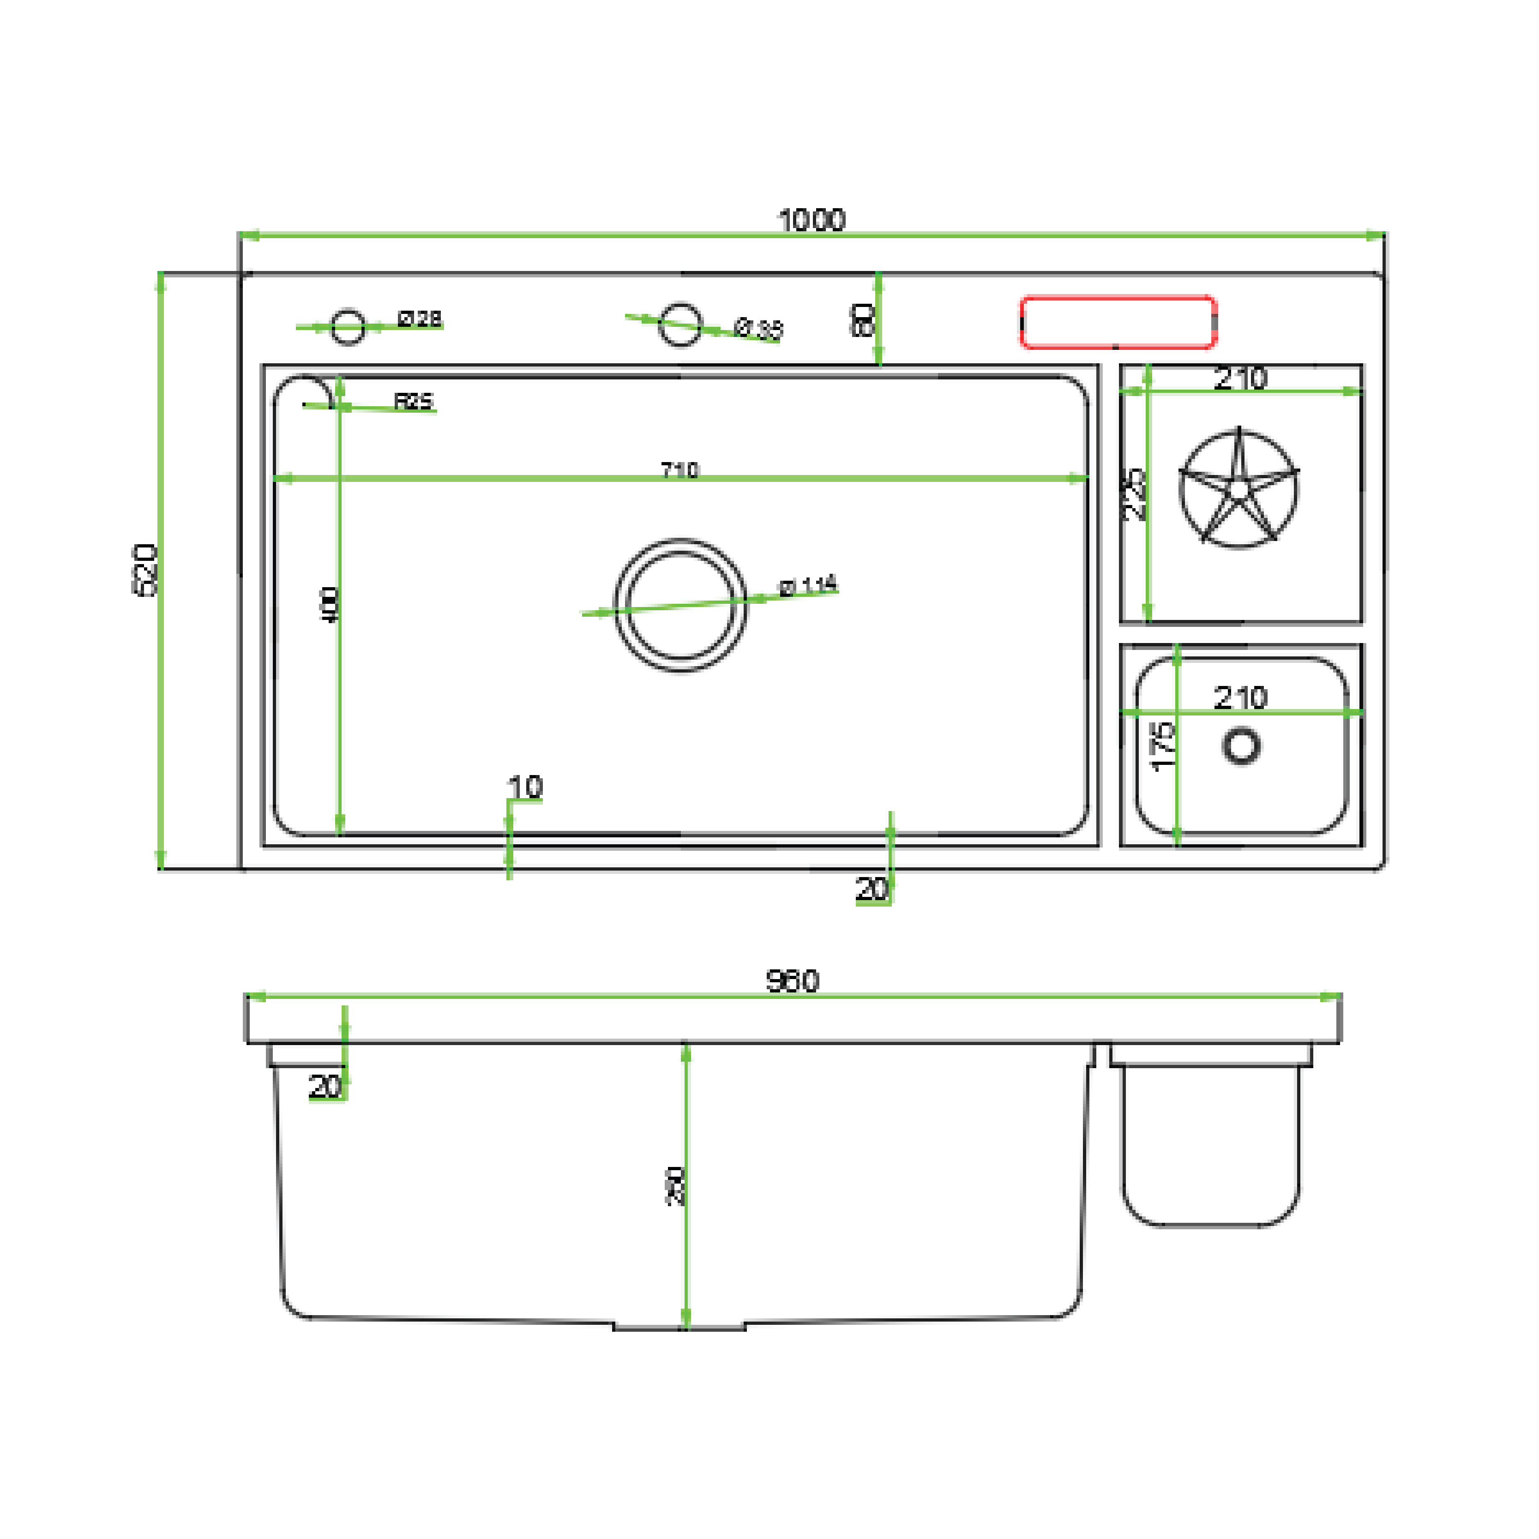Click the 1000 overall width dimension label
(x=811, y=220)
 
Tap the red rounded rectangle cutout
(x=1118, y=323)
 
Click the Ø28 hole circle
(x=348, y=327)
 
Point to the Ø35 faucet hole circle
(x=680, y=325)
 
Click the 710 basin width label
(x=679, y=470)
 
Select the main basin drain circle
(x=680, y=606)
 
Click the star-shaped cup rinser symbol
(x=1238, y=490)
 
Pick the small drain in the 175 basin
(x=1241, y=746)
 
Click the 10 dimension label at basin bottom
(x=525, y=787)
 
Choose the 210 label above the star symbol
(x=1240, y=379)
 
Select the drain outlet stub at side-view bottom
(x=679, y=1326)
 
